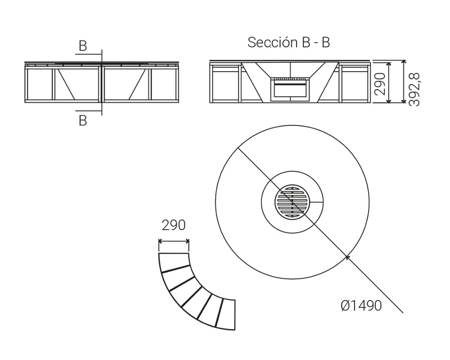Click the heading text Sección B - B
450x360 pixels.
tap(289, 42)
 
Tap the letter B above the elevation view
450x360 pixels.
tap(83, 46)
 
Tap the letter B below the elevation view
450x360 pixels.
tap(83, 121)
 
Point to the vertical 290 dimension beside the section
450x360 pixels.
tap(380, 84)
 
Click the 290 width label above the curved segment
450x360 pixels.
tap(174, 226)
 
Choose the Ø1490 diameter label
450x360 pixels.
tap(361, 306)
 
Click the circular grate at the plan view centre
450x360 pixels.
tap(293, 203)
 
